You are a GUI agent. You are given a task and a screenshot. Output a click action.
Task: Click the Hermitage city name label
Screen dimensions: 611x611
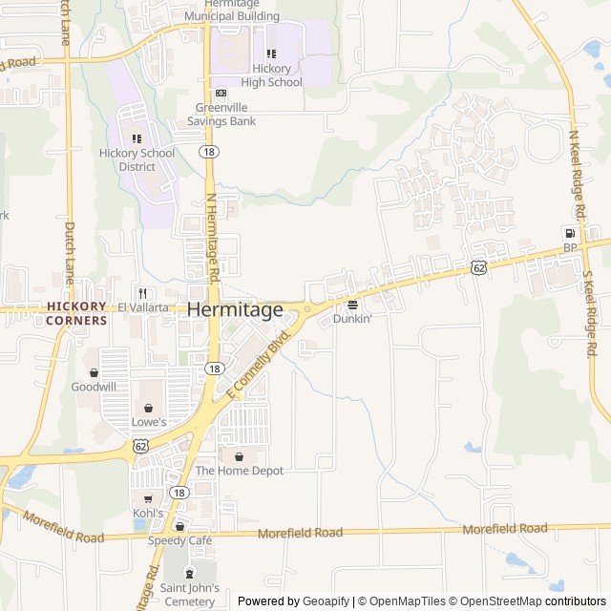(x=235, y=310)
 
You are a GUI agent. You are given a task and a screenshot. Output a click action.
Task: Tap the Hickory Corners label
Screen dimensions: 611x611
(x=76, y=313)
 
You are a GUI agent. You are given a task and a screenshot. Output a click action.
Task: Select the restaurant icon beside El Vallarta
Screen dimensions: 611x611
(x=141, y=293)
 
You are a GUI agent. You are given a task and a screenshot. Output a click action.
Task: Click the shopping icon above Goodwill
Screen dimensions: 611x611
(x=94, y=372)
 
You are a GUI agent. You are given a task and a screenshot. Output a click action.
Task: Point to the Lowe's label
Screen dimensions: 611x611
(x=148, y=421)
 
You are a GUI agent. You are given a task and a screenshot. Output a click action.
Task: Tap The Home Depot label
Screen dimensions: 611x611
(x=239, y=471)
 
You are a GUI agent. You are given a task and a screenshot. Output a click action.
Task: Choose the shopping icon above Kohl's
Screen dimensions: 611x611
(x=148, y=498)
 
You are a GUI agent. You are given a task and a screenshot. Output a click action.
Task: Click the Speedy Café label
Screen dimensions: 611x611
(x=179, y=540)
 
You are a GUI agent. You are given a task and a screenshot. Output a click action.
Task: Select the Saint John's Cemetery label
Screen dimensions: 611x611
(x=189, y=594)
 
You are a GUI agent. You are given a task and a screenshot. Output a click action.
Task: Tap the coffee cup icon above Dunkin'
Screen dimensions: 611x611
(x=352, y=305)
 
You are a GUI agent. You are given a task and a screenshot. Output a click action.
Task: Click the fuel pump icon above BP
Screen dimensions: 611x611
(x=570, y=233)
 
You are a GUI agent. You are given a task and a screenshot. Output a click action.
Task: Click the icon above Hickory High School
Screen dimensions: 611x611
(x=271, y=54)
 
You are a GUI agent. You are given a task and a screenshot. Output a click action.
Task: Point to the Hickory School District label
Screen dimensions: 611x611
(x=137, y=159)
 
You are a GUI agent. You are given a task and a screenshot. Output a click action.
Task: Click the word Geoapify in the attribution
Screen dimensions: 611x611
(x=325, y=601)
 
